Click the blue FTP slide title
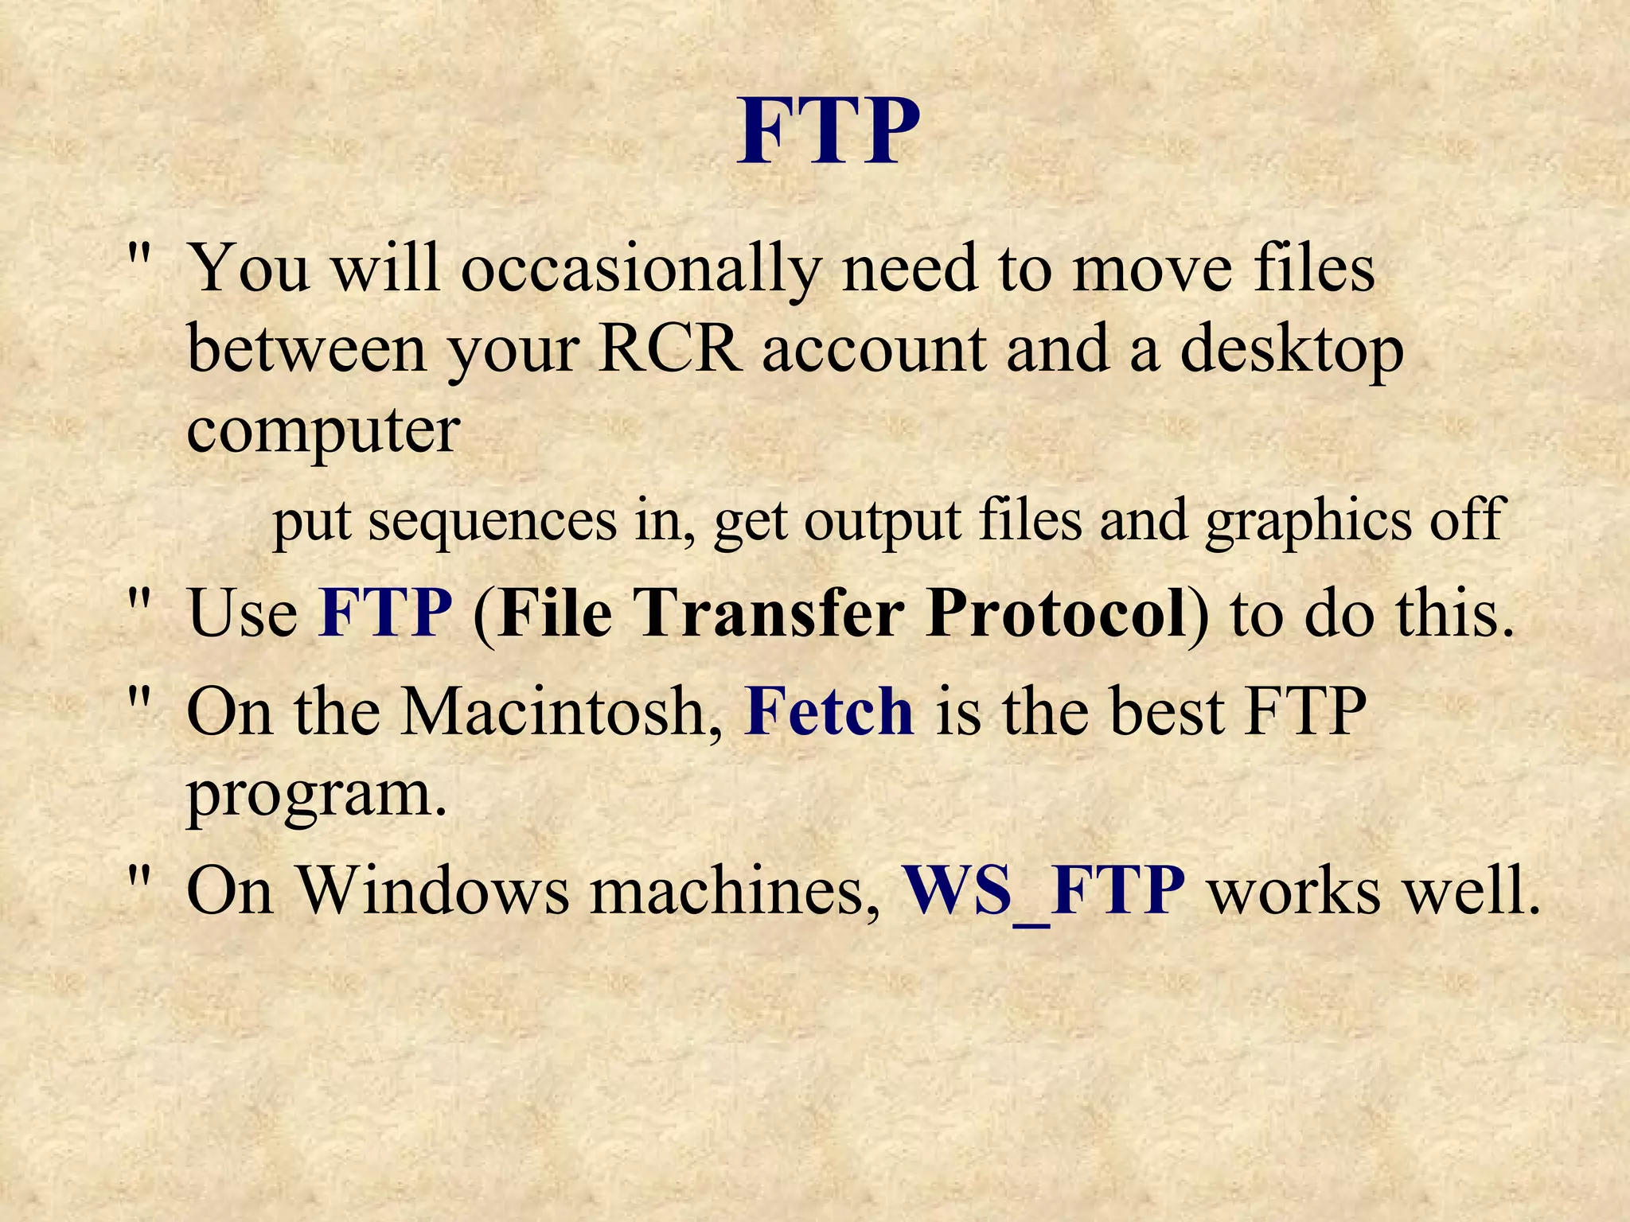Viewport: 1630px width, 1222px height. pyautogui.click(x=828, y=130)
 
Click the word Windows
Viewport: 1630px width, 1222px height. pyautogui.click(x=434, y=890)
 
